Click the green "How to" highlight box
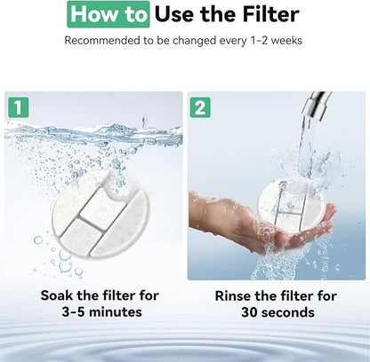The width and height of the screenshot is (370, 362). (x=109, y=14)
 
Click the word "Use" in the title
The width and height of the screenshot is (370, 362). (x=174, y=14)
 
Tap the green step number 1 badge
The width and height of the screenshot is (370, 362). (x=19, y=107)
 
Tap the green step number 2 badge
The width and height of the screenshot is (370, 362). (x=200, y=107)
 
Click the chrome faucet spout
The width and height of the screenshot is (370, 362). (x=317, y=105)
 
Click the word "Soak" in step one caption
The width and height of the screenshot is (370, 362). (x=57, y=295)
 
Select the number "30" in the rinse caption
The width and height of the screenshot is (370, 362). (x=248, y=312)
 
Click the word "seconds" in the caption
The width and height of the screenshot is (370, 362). (x=286, y=312)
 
